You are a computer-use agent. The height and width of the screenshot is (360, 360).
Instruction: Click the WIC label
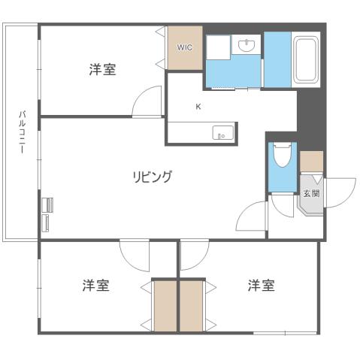tap(185, 47)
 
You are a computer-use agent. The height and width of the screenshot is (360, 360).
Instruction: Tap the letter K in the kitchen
tap(198, 107)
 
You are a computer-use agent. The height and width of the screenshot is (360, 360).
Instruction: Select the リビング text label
tap(153, 177)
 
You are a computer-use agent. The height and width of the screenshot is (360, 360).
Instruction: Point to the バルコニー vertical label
tap(23, 132)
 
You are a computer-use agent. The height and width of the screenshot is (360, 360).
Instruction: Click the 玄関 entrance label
tap(311, 193)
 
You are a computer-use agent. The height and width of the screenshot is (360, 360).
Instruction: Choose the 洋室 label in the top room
tap(102, 70)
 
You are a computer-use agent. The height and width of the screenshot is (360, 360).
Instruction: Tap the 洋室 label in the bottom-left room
tap(95, 286)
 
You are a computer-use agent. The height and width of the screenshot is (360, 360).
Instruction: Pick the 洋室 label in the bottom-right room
tap(261, 286)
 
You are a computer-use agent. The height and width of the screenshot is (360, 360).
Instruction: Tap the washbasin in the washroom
tap(246, 47)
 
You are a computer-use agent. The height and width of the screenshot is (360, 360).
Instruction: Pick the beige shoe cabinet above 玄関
tap(311, 161)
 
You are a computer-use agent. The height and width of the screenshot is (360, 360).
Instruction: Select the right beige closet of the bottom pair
tap(192, 305)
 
